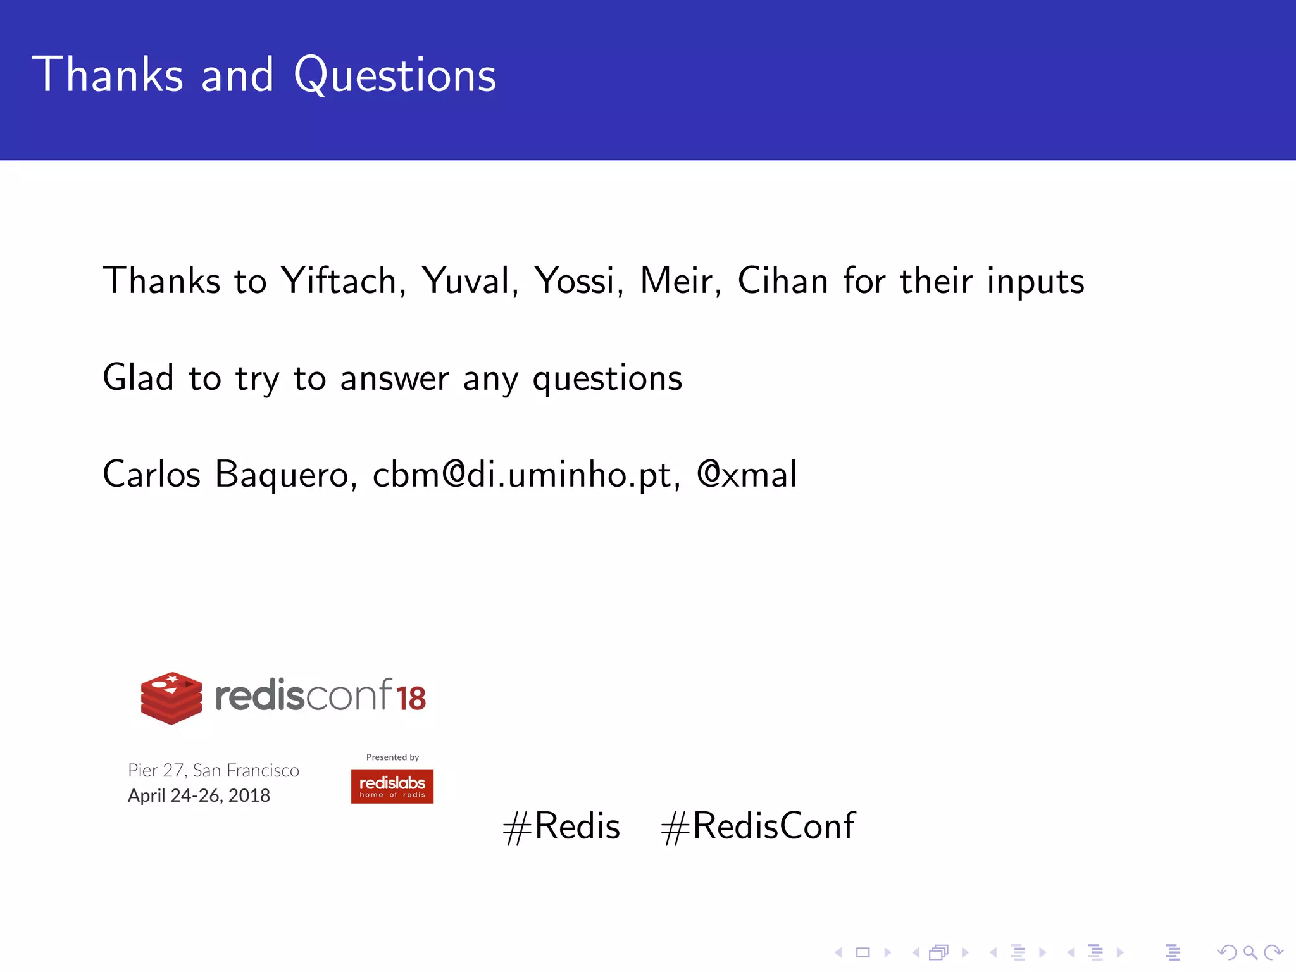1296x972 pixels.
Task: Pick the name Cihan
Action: (783, 281)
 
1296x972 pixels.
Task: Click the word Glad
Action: (138, 378)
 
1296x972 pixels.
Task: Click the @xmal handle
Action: (747, 475)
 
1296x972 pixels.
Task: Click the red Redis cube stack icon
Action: (171, 697)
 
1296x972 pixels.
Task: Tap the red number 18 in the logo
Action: (411, 699)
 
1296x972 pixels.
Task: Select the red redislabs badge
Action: (392, 786)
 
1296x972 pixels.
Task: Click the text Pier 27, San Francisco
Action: (213, 771)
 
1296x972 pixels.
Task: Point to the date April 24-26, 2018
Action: (199, 795)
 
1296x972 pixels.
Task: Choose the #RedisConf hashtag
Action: (758, 826)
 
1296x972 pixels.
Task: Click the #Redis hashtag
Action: (561, 826)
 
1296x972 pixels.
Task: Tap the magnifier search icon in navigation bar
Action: (1250, 952)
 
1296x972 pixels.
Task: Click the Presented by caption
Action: (392, 757)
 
